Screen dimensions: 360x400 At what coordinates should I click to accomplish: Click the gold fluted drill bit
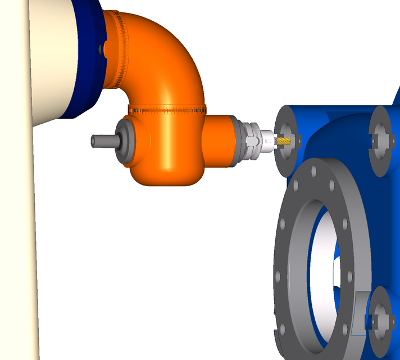click(285, 141)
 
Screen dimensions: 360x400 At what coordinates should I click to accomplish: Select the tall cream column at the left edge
click(17, 225)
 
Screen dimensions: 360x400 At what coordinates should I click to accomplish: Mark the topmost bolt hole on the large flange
click(312, 168)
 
